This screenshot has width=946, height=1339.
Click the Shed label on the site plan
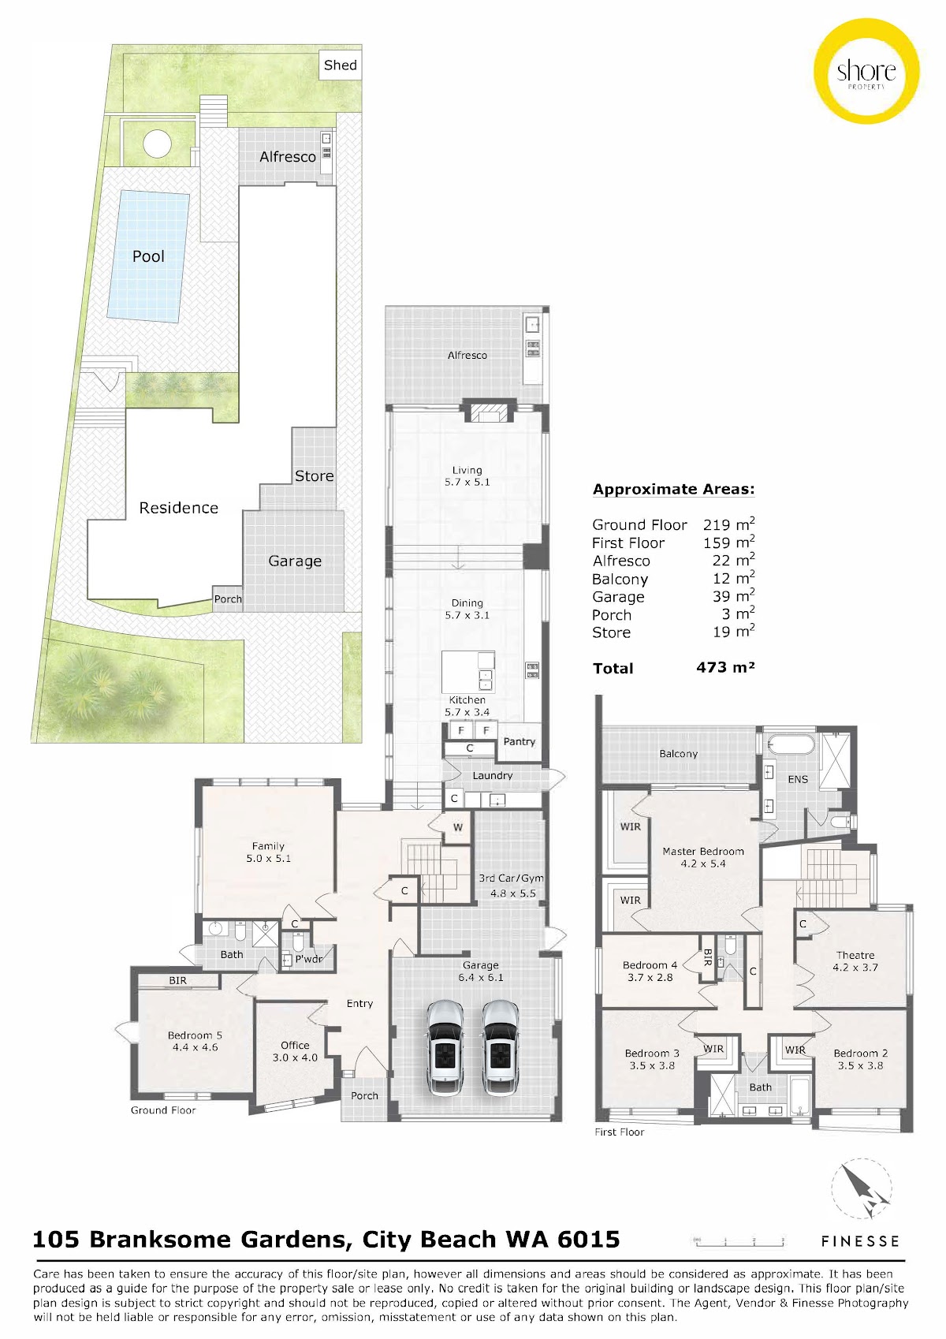340,65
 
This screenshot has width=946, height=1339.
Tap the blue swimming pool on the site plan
148,256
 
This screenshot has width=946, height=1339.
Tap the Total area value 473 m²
725,667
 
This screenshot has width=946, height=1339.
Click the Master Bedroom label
702,851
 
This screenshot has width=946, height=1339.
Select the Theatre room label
855,955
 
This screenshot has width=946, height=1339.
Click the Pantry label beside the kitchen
519,741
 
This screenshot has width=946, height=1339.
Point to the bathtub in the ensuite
791,745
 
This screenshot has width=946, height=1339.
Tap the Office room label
295,1045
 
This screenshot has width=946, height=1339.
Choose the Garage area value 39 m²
733,596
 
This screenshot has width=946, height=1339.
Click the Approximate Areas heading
673,489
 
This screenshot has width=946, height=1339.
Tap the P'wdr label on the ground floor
308,959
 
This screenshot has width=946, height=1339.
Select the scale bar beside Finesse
738,1241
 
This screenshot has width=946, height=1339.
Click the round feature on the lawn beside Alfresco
157,144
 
